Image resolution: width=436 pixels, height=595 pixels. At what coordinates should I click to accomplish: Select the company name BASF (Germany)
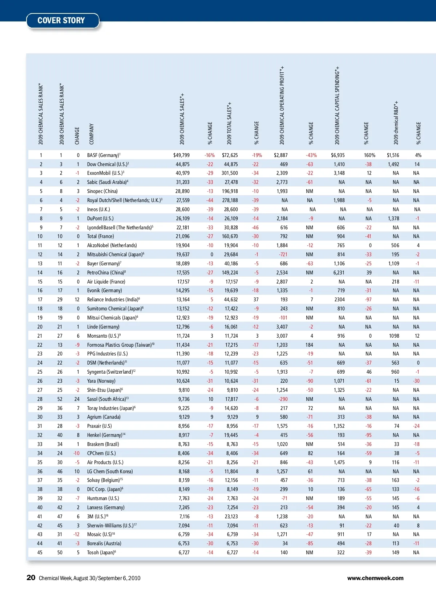coord(103,155)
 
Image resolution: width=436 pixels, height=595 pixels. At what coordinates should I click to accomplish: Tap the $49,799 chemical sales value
coord(181,155)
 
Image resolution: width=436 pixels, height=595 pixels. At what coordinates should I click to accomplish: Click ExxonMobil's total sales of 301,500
coord(230,173)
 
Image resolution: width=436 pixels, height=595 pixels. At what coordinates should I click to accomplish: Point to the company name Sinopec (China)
coord(102,191)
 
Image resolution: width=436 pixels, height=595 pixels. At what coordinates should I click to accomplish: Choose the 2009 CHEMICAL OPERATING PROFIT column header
coord(282,105)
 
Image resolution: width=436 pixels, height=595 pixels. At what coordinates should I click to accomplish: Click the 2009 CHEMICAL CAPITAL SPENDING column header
coord(337,105)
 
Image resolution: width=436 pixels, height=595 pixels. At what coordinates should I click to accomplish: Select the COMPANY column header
coord(91,134)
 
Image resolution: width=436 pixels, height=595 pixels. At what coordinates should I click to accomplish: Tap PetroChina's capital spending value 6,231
coord(339,273)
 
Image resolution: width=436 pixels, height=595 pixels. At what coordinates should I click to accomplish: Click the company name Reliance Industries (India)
coord(113,299)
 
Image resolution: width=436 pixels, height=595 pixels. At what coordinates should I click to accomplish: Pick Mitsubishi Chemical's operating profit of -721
coord(283,254)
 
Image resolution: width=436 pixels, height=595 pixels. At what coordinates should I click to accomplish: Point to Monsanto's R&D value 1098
coord(394,336)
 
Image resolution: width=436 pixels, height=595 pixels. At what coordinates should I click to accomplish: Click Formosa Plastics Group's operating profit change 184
coord(309,345)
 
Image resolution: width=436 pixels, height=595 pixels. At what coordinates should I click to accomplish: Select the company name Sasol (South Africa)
coord(106,399)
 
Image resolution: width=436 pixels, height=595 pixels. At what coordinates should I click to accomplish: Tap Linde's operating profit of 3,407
coord(282,327)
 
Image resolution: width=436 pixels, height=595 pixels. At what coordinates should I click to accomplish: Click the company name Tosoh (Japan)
coord(100,552)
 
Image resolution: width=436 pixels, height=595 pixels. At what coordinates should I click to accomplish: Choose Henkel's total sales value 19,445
coord(231,435)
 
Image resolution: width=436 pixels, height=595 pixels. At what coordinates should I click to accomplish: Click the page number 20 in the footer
coord(31,578)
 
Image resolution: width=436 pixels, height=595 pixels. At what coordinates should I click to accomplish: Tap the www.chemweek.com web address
coord(375,578)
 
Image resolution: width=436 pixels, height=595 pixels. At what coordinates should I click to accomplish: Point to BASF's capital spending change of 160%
coord(370,155)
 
